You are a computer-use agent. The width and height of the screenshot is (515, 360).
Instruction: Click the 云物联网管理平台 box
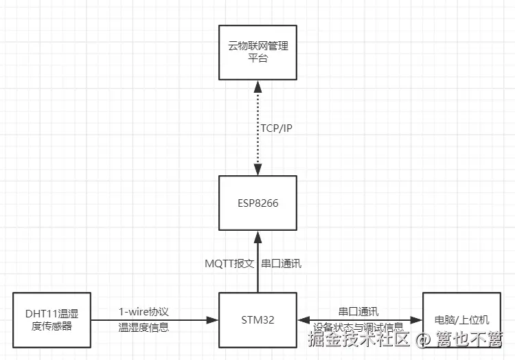coord(258,52)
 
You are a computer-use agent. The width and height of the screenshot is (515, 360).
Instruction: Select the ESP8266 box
coord(258,203)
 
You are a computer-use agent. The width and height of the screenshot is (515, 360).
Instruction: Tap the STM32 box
coord(258,319)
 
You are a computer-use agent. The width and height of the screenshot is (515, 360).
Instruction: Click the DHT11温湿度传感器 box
coord(51,319)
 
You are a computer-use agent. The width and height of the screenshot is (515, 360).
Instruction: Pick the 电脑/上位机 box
coord(461,319)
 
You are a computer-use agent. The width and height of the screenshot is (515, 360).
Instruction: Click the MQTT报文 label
coord(230,263)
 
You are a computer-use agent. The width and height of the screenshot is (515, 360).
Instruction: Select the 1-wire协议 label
coord(144,311)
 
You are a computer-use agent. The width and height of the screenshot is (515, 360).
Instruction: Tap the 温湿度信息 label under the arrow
coord(144,328)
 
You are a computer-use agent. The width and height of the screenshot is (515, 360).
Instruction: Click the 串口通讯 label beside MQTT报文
coord(281,263)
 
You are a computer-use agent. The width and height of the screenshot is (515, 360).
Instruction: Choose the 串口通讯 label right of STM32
coord(358,311)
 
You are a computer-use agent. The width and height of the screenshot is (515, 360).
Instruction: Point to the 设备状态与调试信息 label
coord(358,327)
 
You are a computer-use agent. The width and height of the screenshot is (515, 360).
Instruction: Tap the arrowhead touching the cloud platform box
coord(258,85)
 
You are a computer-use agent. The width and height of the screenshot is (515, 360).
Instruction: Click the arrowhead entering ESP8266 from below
coord(258,236)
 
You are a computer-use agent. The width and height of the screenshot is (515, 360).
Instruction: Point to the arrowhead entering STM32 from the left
coord(213,319)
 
